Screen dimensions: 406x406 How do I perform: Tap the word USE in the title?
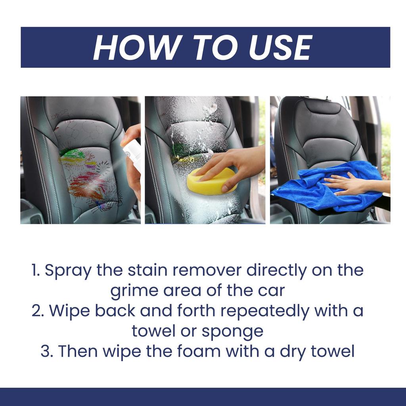pos(280,48)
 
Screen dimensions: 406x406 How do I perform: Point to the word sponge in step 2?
pos(232,331)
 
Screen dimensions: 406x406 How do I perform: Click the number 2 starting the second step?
pos(38,311)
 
